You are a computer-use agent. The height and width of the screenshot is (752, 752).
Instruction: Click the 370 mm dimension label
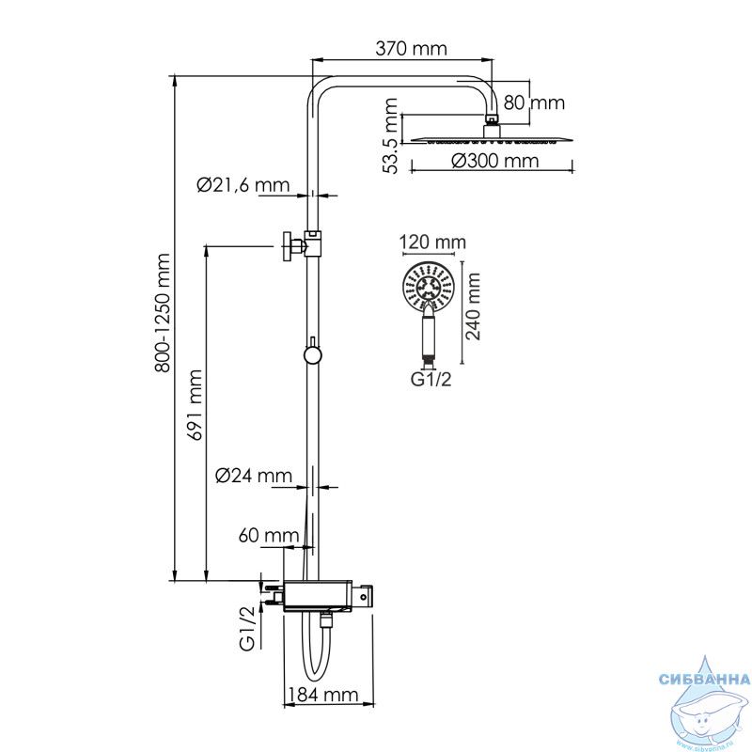tap(411, 49)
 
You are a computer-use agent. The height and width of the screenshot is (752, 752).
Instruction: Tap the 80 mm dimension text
tap(534, 102)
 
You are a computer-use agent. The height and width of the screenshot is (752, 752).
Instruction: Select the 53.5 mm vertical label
tap(390, 135)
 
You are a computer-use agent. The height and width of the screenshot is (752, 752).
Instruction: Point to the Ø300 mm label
tap(495, 161)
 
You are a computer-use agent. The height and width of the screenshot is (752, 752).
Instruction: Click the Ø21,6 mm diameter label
tap(243, 184)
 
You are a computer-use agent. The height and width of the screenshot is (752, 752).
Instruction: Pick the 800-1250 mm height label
tap(163, 313)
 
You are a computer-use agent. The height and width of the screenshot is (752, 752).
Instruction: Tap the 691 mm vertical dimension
tap(195, 405)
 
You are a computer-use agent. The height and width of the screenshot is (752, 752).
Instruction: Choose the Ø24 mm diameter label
tap(254, 476)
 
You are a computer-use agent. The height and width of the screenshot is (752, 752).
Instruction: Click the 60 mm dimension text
tap(269, 535)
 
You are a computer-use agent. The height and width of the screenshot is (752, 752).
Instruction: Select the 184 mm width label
tap(322, 695)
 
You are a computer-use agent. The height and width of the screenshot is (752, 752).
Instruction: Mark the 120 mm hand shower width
tap(433, 243)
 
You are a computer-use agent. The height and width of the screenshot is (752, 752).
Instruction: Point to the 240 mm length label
tap(473, 306)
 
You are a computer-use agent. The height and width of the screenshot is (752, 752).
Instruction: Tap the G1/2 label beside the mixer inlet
tap(247, 629)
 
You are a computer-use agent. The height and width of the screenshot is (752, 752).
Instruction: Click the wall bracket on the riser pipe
tap(300, 245)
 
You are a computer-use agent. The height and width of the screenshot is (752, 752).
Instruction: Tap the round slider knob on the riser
tap(312, 355)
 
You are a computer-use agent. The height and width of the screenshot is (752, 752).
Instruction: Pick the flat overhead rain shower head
tap(492, 139)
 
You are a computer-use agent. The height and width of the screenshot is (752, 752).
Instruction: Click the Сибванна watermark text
tap(704, 679)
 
